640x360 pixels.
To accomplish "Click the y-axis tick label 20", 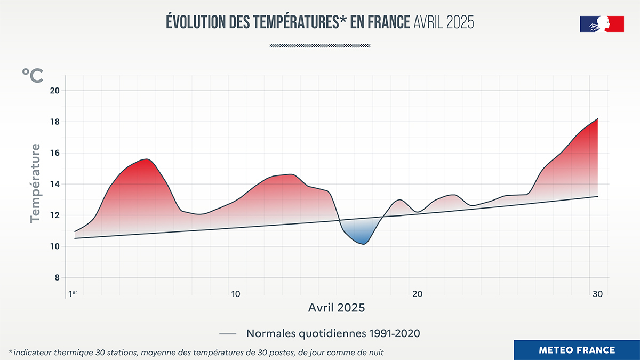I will coord(54,91).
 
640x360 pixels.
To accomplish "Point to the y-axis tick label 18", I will coord(54,122).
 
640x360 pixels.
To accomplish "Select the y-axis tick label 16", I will coord(54,153).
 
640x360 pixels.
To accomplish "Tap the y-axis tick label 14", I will coord(54,184).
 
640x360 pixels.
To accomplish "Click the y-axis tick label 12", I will coord(54,215).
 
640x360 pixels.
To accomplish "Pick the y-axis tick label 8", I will coord(57,278).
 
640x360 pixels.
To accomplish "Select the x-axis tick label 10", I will coord(235,294).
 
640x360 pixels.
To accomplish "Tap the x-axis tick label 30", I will coord(597,294).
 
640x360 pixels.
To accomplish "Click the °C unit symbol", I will coord(33,76).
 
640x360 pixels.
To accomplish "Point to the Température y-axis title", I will coord(35,182).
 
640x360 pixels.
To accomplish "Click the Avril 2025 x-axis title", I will coord(337,308).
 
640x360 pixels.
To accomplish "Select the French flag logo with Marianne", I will coord(602,24).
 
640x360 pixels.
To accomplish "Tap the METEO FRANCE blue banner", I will coord(577,350).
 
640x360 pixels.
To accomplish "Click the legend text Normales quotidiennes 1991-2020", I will coord(333,333).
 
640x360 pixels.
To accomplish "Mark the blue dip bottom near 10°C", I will coord(363,244).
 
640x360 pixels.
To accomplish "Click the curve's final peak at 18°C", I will coord(597,119).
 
